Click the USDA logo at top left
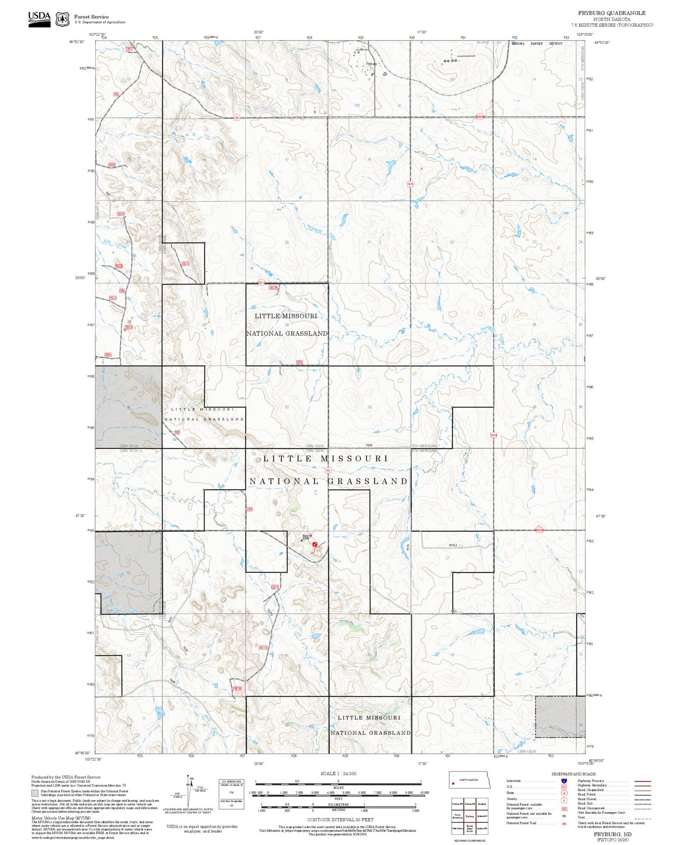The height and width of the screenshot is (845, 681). pyautogui.click(x=39, y=18)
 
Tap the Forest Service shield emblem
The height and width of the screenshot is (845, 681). pyautogui.click(x=62, y=19)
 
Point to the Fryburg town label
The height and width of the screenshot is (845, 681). pyautogui.click(x=371, y=64)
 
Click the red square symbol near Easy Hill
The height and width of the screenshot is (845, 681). pyautogui.click(x=315, y=544)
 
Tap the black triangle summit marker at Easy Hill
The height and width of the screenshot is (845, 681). pyautogui.click(x=303, y=540)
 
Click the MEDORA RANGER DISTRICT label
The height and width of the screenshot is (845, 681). pyautogui.click(x=537, y=44)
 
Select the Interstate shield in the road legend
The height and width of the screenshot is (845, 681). pyautogui.click(x=564, y=781)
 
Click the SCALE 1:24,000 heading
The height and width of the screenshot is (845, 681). pyautogui.click(x=338, y=773)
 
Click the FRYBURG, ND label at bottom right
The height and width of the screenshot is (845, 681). pyautogui.click(x=612, y=834)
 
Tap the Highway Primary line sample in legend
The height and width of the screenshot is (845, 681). pyautogui.click(x=643, y=781)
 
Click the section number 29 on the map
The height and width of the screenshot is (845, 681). pyautogui.click(x=287, y=325)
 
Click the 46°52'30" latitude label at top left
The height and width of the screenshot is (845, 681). pyautogui.click(x=77, y=42)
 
